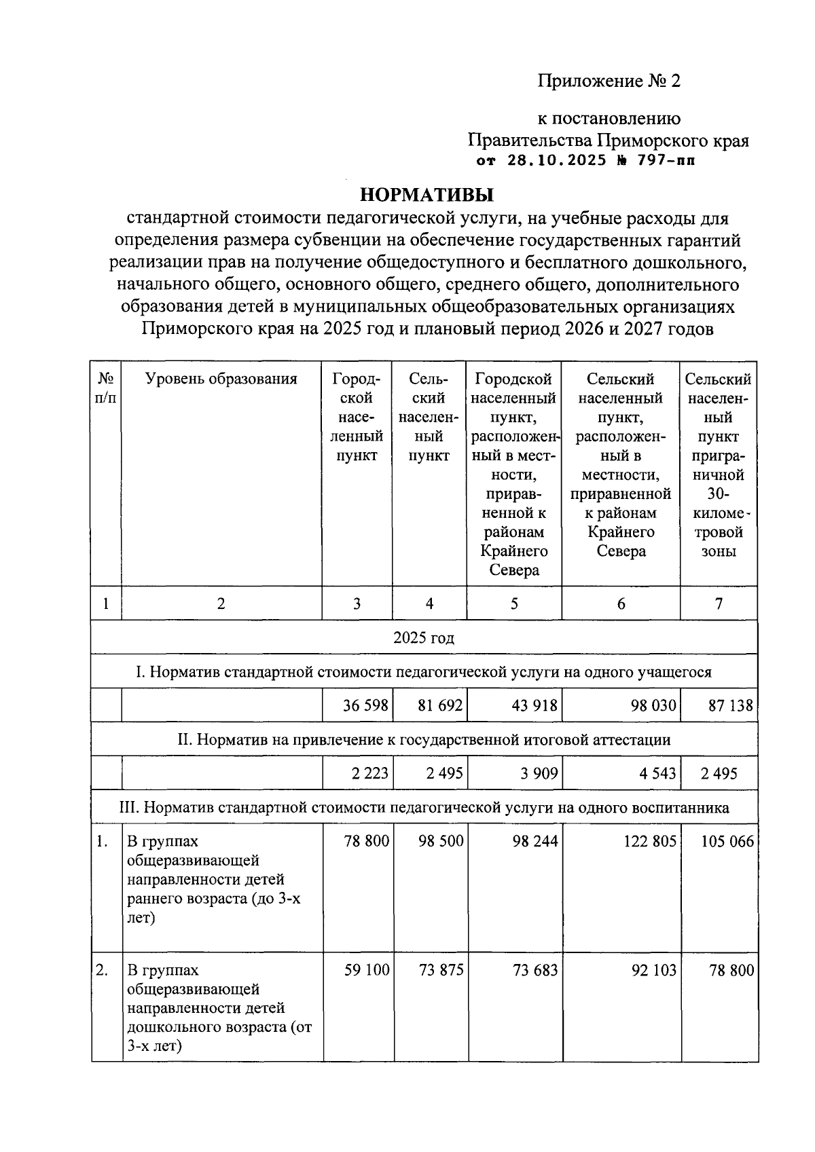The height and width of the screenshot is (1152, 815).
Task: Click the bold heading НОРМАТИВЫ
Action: pyautogui.click(x=426, y=195)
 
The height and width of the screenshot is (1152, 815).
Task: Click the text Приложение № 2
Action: pyautogui.click(x=609, y=81)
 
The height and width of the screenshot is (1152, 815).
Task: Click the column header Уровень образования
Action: pyautogui.click(x=221, y=379)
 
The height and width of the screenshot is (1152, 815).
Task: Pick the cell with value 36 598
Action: pyautogui.click(x=365, y=705)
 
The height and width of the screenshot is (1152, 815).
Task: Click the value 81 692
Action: pyautogui.click(x=439, y=705)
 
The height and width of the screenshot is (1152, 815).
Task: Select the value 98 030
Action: pyautogui.click(x=653, y=705)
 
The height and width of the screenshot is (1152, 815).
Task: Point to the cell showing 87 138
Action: pyautogui.click(x=730, y=705)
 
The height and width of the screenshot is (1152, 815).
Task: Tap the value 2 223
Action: pyautogui.click(x=369, y=773)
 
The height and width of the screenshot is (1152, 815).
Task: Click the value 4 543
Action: pyautogui.click(x=657, y=773)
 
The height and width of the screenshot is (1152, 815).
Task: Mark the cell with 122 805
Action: pyautogui.click(x=650, y=841)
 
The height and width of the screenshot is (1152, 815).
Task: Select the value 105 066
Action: pyautogui.click(x=727, y=841)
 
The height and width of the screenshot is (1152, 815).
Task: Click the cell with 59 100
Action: pyautogui.click(x=367, y=970)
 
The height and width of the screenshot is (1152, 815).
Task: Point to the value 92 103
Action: pyautogui.click(x=653, y=970)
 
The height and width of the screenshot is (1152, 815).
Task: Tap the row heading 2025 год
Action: pyautogui.click(x=424, y=637)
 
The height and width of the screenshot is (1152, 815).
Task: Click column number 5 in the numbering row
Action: pyautogui.click(x=514, y=603)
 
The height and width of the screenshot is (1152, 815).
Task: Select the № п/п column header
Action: pyautogui.click(x=105, y=388)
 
